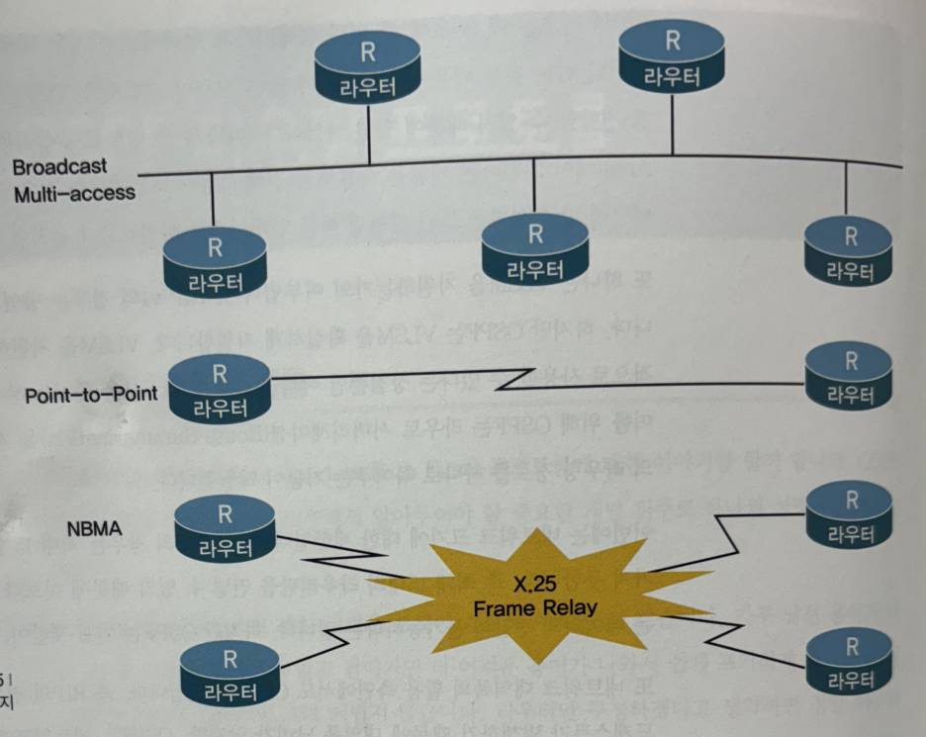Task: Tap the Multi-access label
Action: click(74, 192)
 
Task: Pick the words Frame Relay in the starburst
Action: click(534, 605)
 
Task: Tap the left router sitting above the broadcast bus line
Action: click(367, 67)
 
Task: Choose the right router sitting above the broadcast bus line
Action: click(672, 58)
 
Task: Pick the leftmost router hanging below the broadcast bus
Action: click(214, 259)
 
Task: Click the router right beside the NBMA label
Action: click(226, 528)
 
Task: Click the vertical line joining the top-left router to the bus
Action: click(368, 134)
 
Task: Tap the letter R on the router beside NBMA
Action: click(226, 512)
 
